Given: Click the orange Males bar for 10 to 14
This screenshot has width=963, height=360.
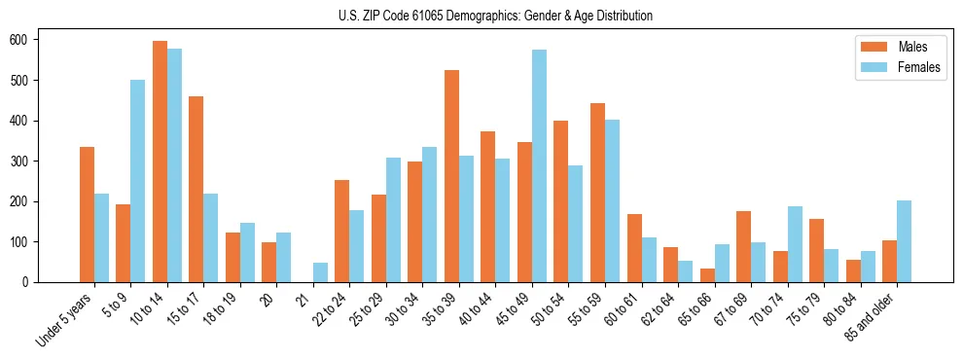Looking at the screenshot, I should [160, 162].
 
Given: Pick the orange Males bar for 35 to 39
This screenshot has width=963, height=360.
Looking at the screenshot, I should [451, 176].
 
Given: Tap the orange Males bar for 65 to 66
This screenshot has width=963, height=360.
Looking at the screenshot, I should [706, 275].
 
